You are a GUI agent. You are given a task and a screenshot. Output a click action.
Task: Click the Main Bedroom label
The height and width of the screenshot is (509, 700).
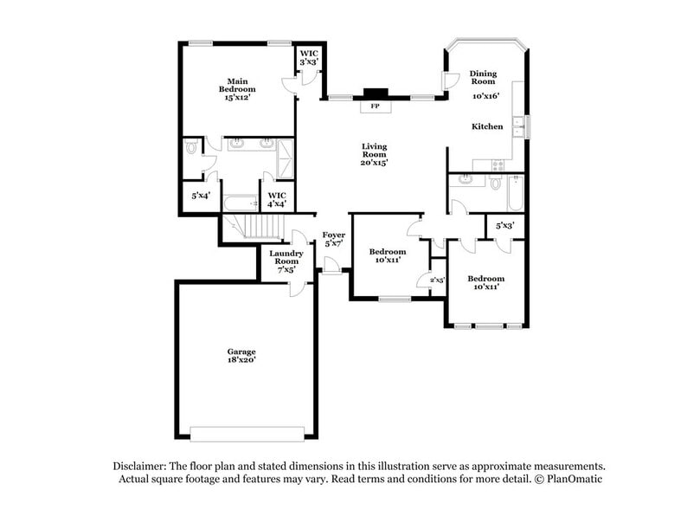(236, 89)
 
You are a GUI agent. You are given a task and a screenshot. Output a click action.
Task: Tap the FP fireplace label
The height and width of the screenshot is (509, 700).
(375, 106)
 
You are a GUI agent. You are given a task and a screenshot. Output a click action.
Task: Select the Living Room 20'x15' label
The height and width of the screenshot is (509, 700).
(374, 154)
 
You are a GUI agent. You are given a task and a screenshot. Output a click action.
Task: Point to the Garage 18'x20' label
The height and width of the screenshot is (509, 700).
(241, 356)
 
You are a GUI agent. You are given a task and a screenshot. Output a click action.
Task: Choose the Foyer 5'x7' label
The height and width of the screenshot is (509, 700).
(334, 239)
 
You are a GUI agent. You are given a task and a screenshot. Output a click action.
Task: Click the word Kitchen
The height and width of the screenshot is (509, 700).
(487, 127)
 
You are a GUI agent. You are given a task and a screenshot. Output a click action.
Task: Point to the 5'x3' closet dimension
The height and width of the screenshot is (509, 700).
(505, 226)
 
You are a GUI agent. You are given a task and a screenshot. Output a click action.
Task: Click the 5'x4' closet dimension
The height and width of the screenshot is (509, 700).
(201, 197)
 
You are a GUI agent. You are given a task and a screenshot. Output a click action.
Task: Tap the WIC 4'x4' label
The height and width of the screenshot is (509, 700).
(277, 200)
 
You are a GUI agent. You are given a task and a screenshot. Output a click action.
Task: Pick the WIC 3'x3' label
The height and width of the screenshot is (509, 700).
(309, 58)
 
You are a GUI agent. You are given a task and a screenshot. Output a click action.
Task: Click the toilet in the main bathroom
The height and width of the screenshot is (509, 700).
(191, 150)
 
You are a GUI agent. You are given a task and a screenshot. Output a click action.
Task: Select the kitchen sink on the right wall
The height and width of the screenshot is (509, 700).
(518, 127)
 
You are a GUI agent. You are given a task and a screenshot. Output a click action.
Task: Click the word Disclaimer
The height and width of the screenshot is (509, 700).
(140, 465)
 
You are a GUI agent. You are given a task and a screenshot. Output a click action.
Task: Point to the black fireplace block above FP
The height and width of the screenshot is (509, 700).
(375, 93)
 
